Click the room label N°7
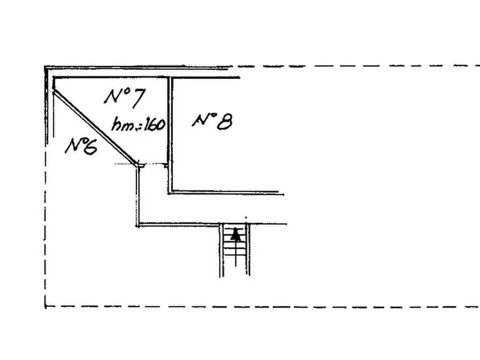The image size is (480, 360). coord(125,98)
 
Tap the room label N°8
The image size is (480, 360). coord(212,122)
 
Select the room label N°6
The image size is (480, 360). coord(81,146)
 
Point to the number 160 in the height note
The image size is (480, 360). coord(155,124)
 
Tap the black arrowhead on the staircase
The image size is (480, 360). coord(235,234)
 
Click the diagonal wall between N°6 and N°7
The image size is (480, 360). coord(95,127)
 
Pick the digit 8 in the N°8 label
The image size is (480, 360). coord(225,122)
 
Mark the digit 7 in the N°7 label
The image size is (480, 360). coord(138,98)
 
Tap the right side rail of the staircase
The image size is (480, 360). coord(248,249)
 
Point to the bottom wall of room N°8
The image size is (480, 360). coord(226,193)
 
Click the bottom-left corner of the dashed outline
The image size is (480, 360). coord(45,306)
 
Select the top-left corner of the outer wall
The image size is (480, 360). coord(46,67)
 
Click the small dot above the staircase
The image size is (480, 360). coord(246,218)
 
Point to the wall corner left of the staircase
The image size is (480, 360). coord(138,226)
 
